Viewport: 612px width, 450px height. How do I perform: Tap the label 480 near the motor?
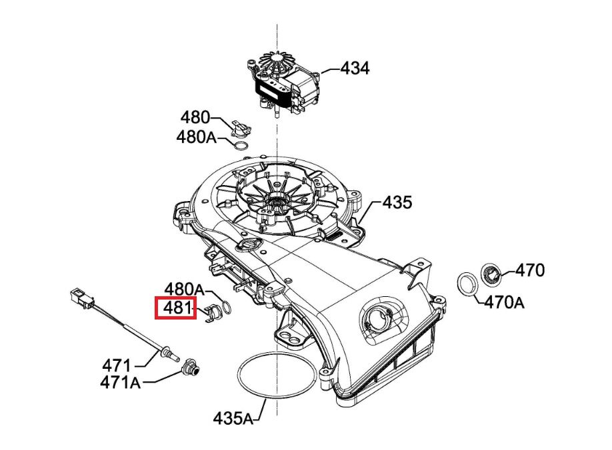(195, 118)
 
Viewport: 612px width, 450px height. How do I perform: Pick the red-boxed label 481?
(175, 308)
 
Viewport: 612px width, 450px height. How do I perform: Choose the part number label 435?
(397, 202)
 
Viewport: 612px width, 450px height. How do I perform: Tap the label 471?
(117, 365)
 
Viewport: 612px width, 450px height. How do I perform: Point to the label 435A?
(234, 419)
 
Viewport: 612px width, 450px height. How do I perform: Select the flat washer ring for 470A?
(469, 284)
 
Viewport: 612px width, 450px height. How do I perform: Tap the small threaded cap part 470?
(492, 272)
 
